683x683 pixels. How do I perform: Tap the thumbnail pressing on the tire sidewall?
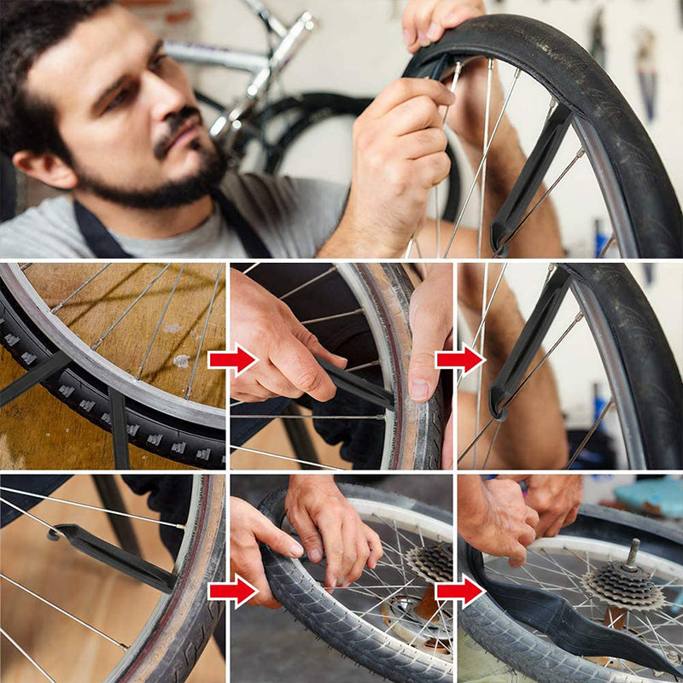(x=419, y=389)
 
